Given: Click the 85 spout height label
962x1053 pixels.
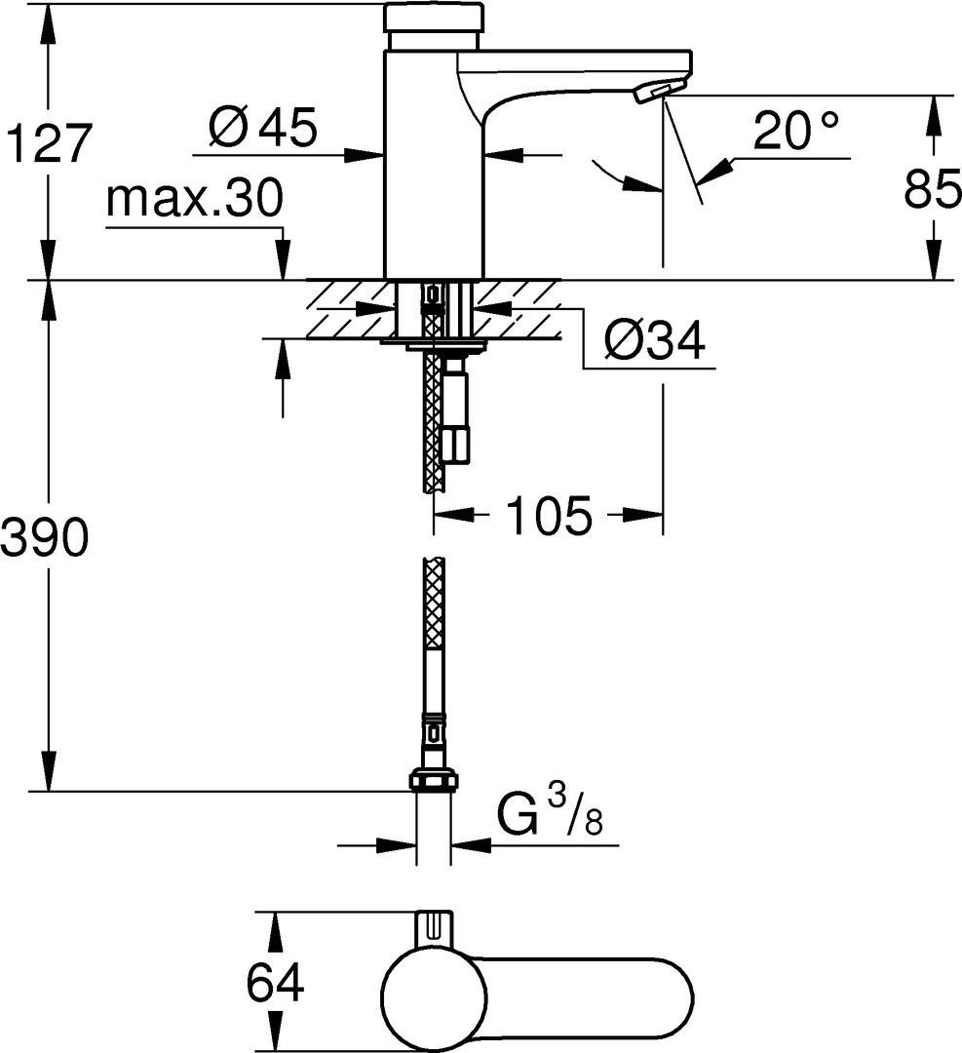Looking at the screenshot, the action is tap(933, 189).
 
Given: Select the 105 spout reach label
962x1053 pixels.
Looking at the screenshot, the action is tap(549, 516).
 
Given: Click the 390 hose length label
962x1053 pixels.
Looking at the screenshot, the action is tap(44, 536).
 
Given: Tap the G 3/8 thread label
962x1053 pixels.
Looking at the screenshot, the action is tap(549, 811).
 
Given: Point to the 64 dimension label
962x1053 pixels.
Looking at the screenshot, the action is tap(275, 983).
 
